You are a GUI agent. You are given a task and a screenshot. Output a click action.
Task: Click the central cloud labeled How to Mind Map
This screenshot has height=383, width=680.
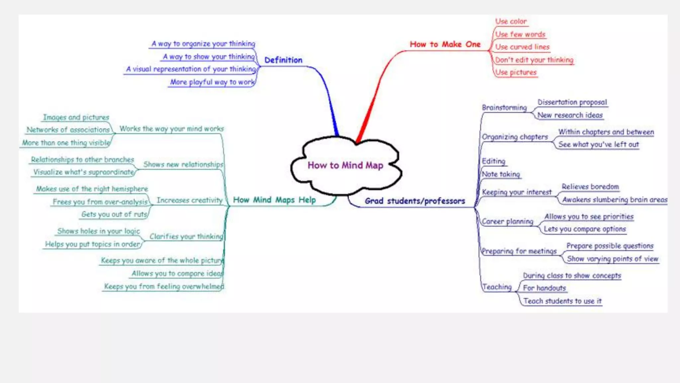[345, 165]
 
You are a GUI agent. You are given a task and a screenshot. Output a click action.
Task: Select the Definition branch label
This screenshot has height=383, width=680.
[283, 60]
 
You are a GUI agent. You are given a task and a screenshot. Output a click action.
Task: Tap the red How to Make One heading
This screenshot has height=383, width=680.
[445, 45]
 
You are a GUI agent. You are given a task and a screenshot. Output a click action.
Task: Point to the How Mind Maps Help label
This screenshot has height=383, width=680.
[274, 200]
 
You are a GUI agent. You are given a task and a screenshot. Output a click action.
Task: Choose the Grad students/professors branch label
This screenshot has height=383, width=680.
[415, 201]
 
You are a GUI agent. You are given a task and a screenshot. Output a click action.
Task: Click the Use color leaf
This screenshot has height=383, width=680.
[511, 22]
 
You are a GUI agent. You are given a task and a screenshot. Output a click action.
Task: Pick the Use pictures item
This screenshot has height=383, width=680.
[516, 72]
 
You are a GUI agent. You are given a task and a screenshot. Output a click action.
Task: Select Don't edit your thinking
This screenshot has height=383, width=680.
[534, 60]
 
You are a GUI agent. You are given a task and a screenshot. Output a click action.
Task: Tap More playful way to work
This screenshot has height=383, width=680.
[212, 82]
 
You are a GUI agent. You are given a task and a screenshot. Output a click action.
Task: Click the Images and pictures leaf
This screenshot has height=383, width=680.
[76, 117]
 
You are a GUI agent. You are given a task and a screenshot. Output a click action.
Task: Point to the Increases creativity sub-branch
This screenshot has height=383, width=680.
[189, 200]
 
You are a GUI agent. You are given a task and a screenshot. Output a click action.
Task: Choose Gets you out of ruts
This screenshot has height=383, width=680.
[114, 214]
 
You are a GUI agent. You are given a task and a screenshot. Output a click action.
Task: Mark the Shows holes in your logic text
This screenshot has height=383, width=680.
[99, 231]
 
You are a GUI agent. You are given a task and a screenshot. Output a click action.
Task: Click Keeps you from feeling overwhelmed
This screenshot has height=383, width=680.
[164, 286]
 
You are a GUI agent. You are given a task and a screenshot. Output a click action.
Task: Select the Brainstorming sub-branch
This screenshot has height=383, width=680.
[504, 108]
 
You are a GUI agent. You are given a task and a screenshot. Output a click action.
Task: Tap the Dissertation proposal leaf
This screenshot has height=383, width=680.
[572, 102]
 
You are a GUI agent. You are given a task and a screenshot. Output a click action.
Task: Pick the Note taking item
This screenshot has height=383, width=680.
[501, 174]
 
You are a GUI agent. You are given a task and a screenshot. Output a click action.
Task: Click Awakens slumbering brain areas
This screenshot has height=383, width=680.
[615, 200]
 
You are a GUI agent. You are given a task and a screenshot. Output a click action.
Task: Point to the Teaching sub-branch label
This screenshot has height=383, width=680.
[497, 287]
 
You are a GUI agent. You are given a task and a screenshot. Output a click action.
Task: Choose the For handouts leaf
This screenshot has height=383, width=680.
[544, 288]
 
